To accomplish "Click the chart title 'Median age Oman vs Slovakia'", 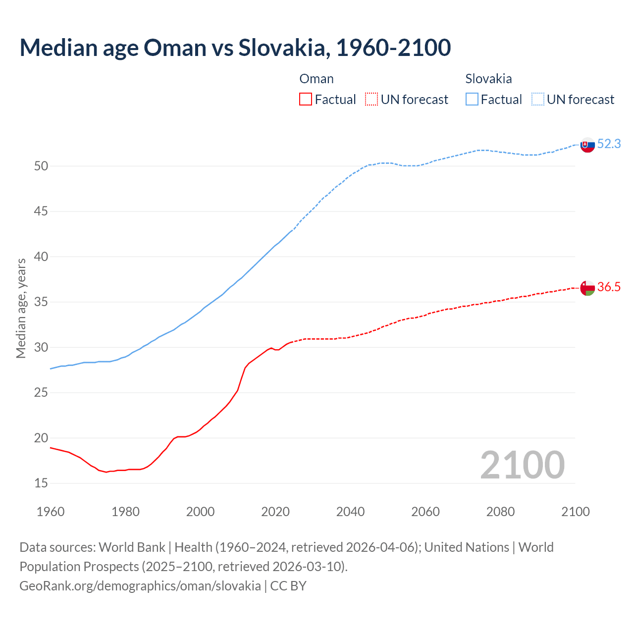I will [235, 48].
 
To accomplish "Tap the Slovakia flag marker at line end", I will [587, 145].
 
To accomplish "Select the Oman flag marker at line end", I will [587, 288].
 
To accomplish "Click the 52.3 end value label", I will [609, 144].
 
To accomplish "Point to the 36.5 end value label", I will [609, 287].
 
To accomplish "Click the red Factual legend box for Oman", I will [306, 100].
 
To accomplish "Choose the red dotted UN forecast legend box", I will [371, 100].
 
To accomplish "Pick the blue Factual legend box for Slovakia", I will [472, 100].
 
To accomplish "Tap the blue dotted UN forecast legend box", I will [538, 100].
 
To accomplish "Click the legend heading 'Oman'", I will [317, 79].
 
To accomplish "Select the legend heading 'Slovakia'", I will [488, 79].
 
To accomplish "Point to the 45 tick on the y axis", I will [41, 211].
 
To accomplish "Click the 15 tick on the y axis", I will [41, 483].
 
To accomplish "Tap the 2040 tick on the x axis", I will [350, 512].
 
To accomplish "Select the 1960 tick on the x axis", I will [51, 512].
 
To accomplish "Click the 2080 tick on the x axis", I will [500, 512].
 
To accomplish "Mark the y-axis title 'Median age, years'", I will [21, 308].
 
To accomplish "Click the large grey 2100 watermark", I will [522, 465].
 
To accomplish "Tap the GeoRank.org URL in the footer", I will [140, 586].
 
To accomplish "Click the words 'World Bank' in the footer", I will [132, 547].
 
